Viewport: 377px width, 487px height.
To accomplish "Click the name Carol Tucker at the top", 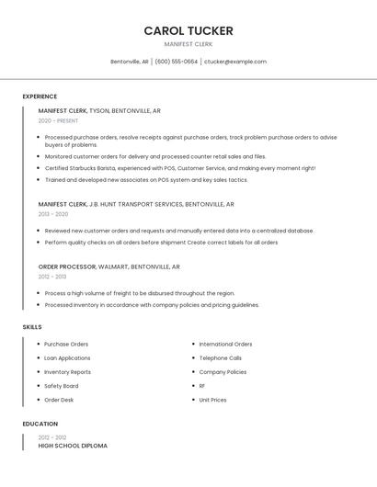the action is (x=188, y=30).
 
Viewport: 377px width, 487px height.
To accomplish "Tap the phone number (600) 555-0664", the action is (x=176, y=62).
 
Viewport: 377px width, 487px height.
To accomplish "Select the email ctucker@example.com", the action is (x=235, y=62).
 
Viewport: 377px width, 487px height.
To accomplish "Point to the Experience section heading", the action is (x=40, y=96).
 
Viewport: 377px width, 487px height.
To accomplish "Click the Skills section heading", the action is (x=32, y=326).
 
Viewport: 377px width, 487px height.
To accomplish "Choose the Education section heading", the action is (x=40, y=425).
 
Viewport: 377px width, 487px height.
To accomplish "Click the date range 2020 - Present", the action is (x=58, y=121).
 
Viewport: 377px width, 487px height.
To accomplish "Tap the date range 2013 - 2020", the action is (x=53, y=214).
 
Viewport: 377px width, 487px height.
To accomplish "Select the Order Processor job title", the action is (x=67, y=266).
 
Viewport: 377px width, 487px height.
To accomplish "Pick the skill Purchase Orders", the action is (x=66, y=345).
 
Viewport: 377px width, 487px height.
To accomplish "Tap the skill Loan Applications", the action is (x=67, y=358).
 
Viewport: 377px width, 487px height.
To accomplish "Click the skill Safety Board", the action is (x=61, y=386).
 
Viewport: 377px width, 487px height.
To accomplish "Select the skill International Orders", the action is (x=225, y=345).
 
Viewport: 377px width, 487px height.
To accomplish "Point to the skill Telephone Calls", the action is (x=221, y=358).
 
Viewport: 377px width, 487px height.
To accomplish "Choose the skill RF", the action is (x=202, y=386).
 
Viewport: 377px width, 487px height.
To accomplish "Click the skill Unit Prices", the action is (x=212, y=400).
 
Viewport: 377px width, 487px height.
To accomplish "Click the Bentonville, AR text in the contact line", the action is (x=130, y=62).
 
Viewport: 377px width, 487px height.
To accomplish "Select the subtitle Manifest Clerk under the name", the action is (x=188, y=44).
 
